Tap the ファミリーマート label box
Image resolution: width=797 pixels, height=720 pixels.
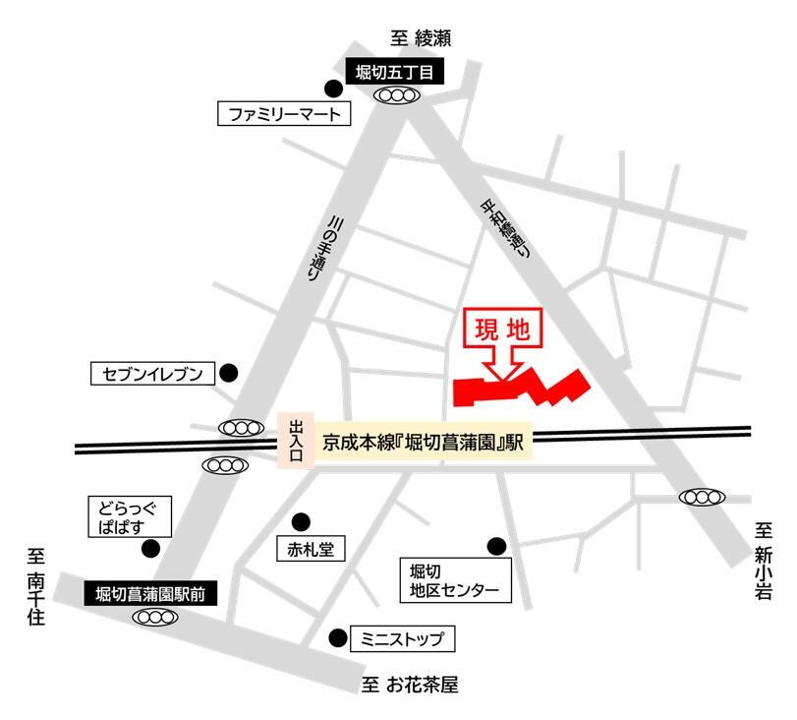click(283, 114)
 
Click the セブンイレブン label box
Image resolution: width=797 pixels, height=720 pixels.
click(151, 374)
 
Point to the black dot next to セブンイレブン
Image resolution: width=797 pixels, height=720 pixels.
click(228, 373)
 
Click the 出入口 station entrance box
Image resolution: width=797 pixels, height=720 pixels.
click(296, 441)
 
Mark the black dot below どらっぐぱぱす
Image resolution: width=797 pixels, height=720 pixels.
click(150, 549)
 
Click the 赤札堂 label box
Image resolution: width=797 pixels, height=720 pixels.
click(310, 550)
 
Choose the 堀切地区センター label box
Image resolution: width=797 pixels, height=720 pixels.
click(455, 580)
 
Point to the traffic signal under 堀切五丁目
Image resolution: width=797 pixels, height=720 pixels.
click(398, 95)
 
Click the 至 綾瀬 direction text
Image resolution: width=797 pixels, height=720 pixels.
click(421, 39)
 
